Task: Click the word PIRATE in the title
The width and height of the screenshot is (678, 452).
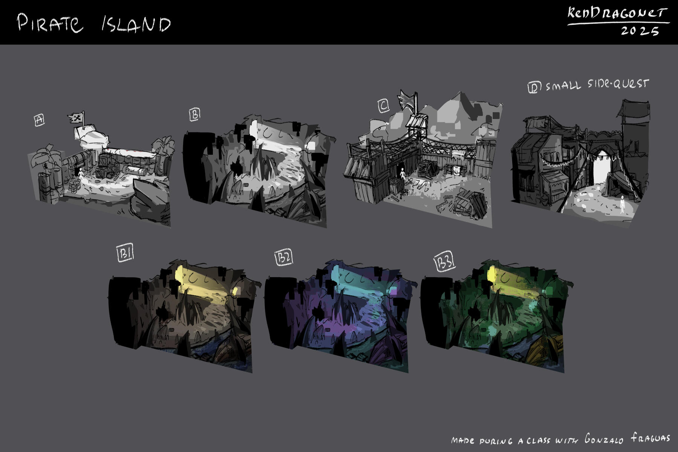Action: (x=50, y=23)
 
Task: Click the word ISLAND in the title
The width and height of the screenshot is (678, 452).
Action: (x=136, y=24)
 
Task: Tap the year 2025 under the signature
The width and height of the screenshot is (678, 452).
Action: (x=640, y=31)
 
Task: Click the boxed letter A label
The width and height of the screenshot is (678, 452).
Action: (x=39, y=120)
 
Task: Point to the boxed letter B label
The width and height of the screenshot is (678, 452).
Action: (x=195, y=115)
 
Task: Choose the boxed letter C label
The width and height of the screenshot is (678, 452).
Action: (x=383, y=106)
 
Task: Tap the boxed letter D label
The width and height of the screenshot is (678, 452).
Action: (x=534, y=87)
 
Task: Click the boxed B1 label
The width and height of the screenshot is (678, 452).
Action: (x=125, y=254)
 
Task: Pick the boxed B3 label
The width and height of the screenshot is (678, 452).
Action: (x=445, y=262)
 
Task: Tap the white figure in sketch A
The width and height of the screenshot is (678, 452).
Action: (x=80, y=174)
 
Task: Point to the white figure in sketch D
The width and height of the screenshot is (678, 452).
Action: (x=622, y=204)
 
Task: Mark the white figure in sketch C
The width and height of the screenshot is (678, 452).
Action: (x=403, y=174)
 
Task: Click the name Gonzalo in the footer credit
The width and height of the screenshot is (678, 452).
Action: (x=604, y=439)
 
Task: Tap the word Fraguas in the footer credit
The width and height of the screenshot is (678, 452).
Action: (x=651, y=438)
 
